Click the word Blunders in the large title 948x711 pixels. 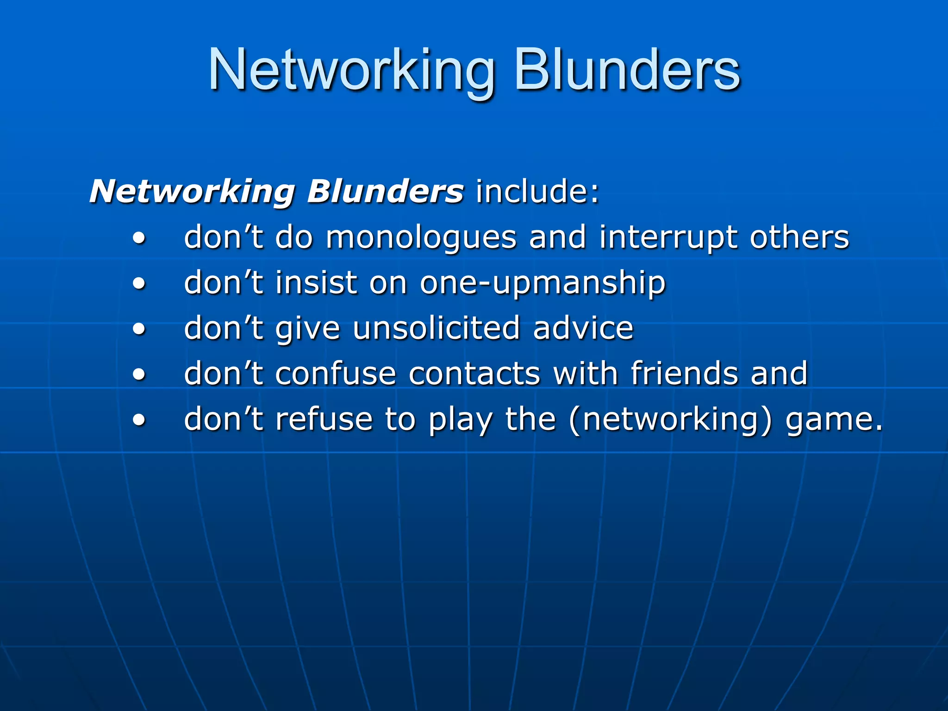tap(627, 70)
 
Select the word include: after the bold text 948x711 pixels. tap(537, 191)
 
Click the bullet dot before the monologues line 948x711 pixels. tap(139, 238)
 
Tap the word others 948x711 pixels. tap(799, 237)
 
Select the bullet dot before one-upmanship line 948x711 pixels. tap(139, 284)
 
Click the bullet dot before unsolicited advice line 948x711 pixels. tap(139, 329)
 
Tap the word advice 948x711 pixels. tap(583, 328)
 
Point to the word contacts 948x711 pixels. tap(474, 374)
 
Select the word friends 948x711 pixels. tap(684, 374)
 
